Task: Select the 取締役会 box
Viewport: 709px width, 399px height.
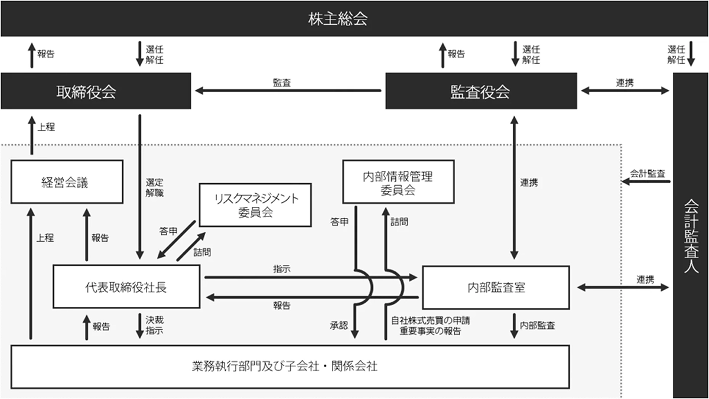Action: coord(95,92)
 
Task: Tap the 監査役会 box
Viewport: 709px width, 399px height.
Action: coord(480,92)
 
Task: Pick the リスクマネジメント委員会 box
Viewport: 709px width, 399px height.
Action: coord(255,205)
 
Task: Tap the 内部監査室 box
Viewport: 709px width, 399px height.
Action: coord(496,288)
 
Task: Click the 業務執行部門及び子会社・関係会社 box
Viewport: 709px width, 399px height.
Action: coord(290,366)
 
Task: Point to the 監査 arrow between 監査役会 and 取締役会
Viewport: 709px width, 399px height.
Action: coord(288,90)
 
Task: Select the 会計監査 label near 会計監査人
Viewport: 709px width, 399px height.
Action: coord(648,174)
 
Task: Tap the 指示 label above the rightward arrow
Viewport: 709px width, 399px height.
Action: coord(281,269)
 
